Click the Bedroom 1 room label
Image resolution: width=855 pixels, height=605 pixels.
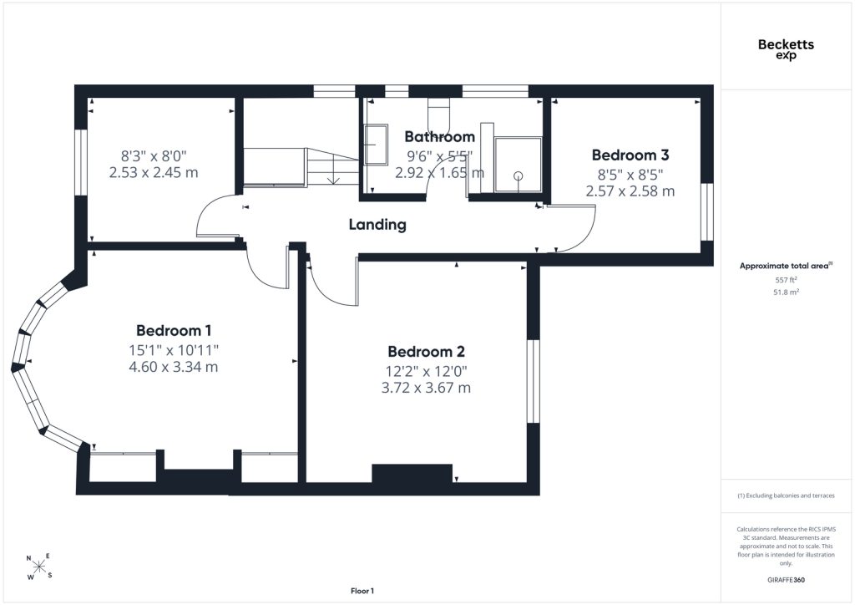point(174,331)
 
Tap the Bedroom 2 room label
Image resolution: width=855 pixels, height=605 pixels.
point(426,351)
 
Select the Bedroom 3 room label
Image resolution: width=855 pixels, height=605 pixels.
point(630,155)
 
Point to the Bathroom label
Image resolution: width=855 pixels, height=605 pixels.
point(439,136)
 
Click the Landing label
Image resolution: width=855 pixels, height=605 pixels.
point(377,225)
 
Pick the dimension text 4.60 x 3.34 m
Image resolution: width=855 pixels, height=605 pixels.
point(174,367)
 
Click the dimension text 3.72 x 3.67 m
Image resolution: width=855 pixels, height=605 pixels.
point(426,388)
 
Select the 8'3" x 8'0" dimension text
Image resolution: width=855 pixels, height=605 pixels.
point(154,156)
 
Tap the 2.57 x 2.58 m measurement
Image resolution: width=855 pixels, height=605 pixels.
point(630,191)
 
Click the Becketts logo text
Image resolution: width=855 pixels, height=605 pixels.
point(786,45)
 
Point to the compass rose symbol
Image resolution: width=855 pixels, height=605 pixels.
point(38,567)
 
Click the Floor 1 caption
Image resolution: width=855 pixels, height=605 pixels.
point(362,591)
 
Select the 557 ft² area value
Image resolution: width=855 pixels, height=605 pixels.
point(786,280)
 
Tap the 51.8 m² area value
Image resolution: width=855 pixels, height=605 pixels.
point(786,292)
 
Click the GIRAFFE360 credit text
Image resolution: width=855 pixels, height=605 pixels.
point(786,580)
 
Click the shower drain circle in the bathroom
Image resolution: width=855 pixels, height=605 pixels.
point(518,175)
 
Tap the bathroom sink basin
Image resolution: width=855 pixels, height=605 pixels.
point(376,145)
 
